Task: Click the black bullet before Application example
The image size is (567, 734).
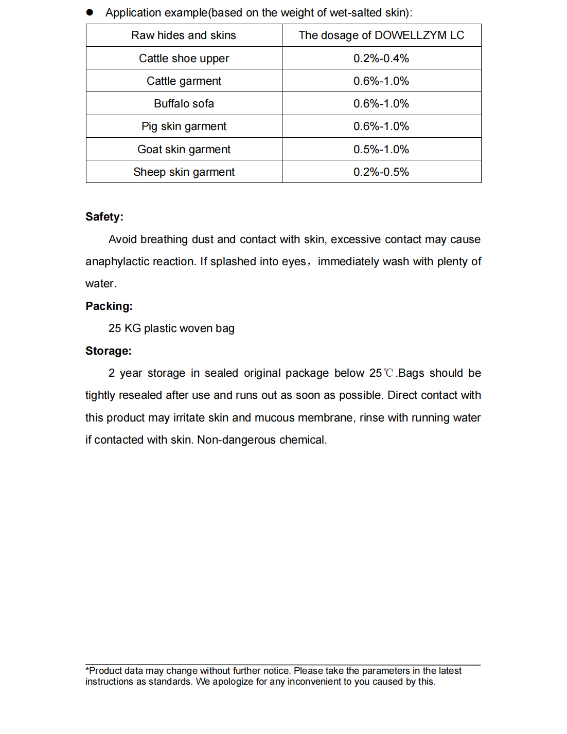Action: tap(90, 12)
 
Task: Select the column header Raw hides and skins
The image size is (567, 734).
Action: tap(184, 35)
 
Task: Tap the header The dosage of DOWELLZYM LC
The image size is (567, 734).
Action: tap(381, 35)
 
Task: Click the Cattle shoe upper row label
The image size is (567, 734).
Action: tap(184, 59)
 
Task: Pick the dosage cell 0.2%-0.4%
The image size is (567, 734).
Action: tap(381, 59)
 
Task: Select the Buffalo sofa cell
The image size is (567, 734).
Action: tap(184, 104)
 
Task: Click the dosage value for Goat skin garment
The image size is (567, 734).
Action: tap(381, 150)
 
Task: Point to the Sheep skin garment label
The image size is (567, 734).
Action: tap(184, 172)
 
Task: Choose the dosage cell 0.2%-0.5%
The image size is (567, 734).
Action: tap(381, 172)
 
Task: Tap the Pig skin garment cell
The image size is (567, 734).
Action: tap(184, 126)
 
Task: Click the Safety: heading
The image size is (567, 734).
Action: tap(104, 217)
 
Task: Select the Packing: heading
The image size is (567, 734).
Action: tap(109, 306)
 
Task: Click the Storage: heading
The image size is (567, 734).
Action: tap(109, 351)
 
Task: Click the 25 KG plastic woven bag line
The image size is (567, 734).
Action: tap(171, 328)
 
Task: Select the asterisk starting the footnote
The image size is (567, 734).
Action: tap(87, 670)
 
